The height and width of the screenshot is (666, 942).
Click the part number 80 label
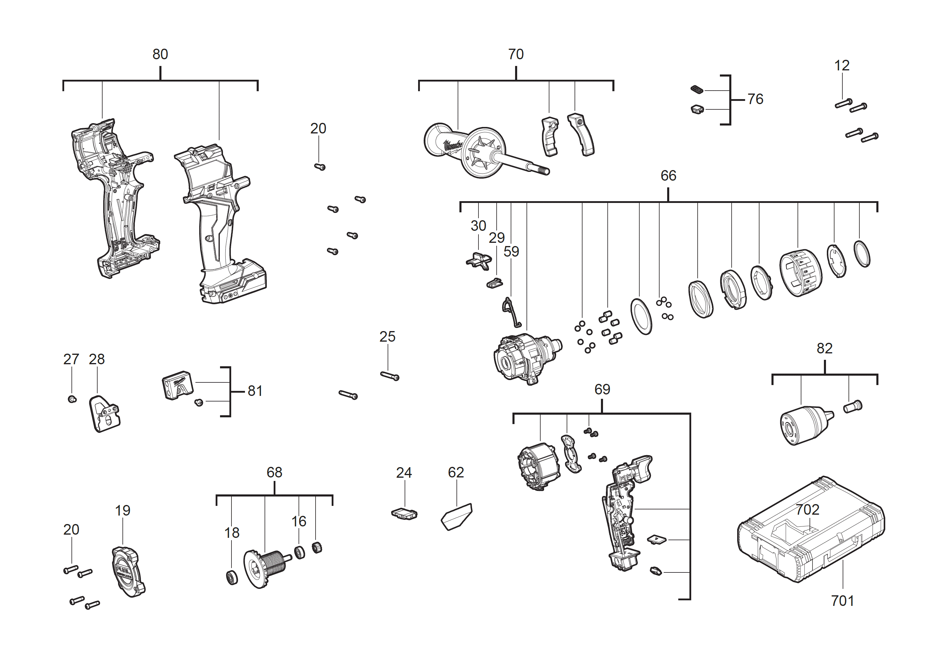pos(160,54)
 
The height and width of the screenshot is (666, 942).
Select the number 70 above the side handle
pos(516,54)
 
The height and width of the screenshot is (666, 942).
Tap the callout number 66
pos(668,176)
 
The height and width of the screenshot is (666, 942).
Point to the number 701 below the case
pos(842,601)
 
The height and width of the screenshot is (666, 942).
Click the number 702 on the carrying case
pos(808,510)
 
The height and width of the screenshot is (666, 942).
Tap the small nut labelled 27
pos(72,399)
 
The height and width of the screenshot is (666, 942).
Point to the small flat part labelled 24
pos(405,514)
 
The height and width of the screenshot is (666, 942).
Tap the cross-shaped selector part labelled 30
pos(479,261)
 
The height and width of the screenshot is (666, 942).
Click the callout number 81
pos(255,391)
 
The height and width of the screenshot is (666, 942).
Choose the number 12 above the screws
pos(842,65)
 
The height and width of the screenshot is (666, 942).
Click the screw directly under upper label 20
pos(320,167)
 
